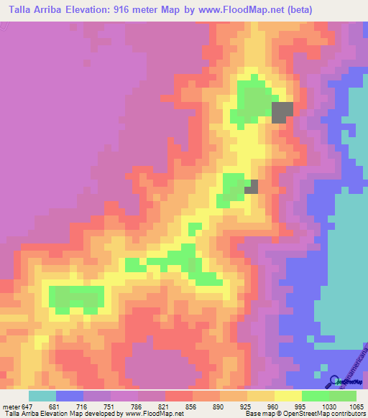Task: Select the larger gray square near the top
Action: (x=282, y=111)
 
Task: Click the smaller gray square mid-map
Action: (x=252, y=187)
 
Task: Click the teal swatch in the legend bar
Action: (x=42, y=396)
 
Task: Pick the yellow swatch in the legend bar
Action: (x=288, y=396)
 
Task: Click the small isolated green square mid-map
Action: (x=194, y=228)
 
